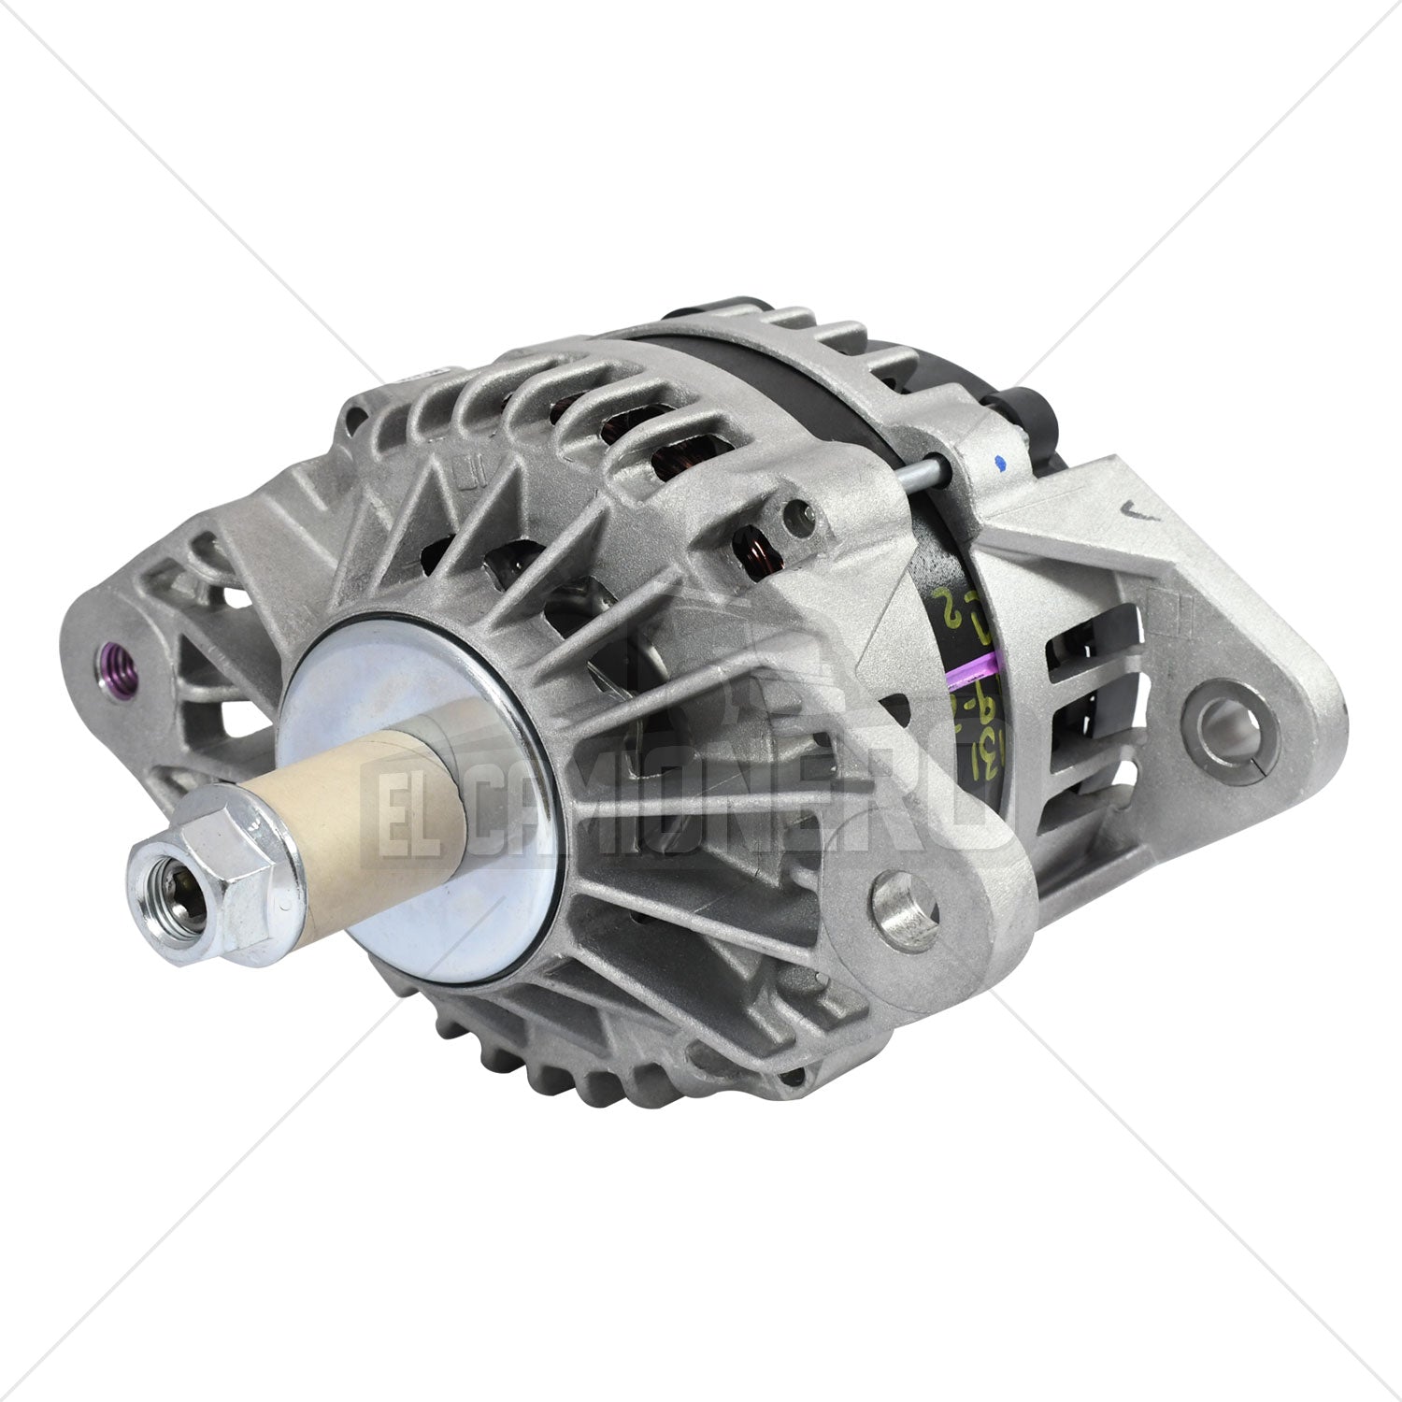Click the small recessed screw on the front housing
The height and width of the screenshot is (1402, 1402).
click(x=795, y=510)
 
